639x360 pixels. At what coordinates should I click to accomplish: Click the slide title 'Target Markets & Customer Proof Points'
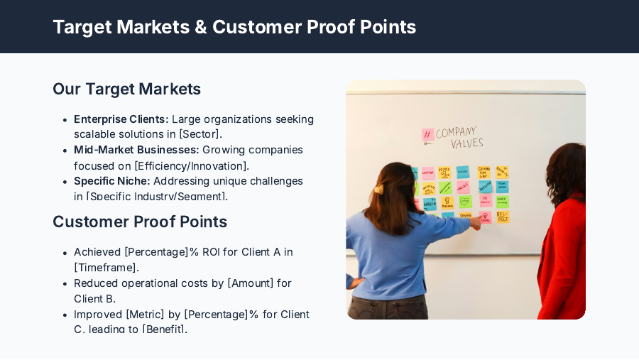coord(234,27)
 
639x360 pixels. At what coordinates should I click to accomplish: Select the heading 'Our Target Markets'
coord(126,89)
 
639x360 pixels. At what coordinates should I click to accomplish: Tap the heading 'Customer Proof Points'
coord(140,222)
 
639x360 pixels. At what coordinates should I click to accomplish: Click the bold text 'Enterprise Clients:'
coord(121,119)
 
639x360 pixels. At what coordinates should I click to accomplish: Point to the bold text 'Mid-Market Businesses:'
coord(136,150)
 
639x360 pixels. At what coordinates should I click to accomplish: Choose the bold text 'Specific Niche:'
coord(111,181)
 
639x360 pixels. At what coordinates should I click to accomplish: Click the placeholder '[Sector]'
coord(200,134)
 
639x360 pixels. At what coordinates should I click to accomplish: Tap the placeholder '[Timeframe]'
coord(106,268)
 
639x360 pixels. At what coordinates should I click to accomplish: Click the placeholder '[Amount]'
coord(251,283)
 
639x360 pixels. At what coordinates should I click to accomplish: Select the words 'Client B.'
coord(94,299)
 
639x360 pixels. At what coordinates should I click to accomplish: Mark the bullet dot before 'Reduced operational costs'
coord(65,283)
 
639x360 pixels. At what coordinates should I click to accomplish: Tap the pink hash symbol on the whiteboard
coord(427,135)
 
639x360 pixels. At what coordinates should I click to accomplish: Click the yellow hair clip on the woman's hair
coord(378,189)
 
